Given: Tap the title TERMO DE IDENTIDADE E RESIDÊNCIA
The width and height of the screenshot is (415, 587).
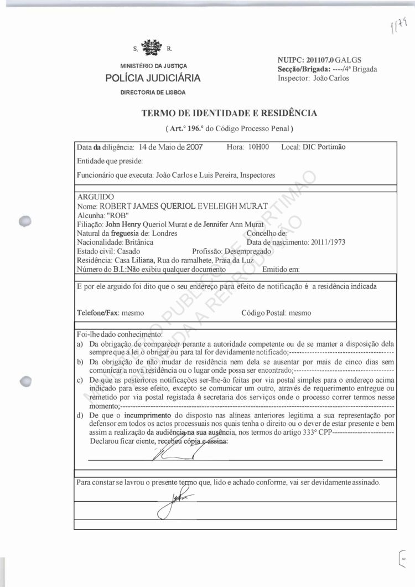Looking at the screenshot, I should (229, 114).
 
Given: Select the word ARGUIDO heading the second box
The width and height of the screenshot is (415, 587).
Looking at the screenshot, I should (96, 197).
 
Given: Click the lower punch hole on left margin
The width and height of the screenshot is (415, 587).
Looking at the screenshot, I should (23, 382).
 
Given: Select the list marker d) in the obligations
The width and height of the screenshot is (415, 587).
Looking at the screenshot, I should (80, 415).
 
